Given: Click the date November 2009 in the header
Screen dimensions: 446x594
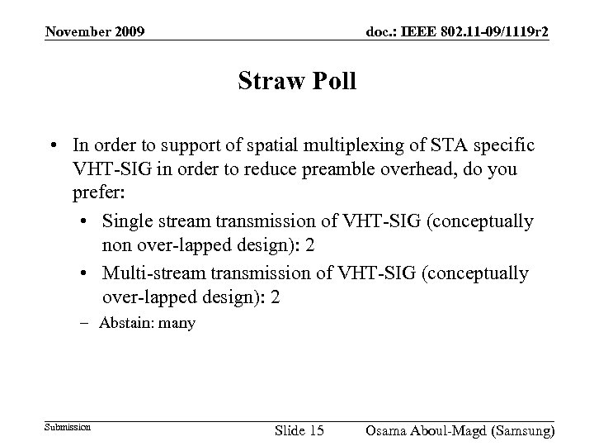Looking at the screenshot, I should (96, 32).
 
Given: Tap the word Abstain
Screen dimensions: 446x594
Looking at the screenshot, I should (125, 323).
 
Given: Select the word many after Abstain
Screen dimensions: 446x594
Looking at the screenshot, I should (177, 323).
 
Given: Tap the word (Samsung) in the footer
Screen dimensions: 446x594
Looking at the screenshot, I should (520, 430).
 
